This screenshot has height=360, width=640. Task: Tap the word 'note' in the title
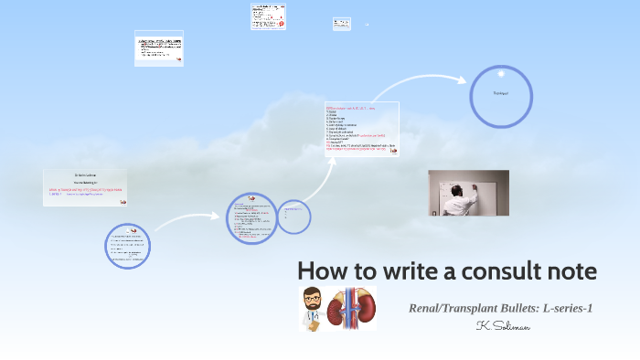tap(569, 271)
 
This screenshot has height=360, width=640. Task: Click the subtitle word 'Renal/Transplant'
tap(453, 308)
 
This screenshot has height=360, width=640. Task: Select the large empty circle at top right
tap(501, 94)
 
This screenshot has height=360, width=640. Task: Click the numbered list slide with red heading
tap(362, 131)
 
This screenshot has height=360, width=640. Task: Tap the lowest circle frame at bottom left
tap(127, 245)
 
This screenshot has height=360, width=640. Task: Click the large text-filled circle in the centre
tap(251, 218)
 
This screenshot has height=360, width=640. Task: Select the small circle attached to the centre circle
tap(293, 216)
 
